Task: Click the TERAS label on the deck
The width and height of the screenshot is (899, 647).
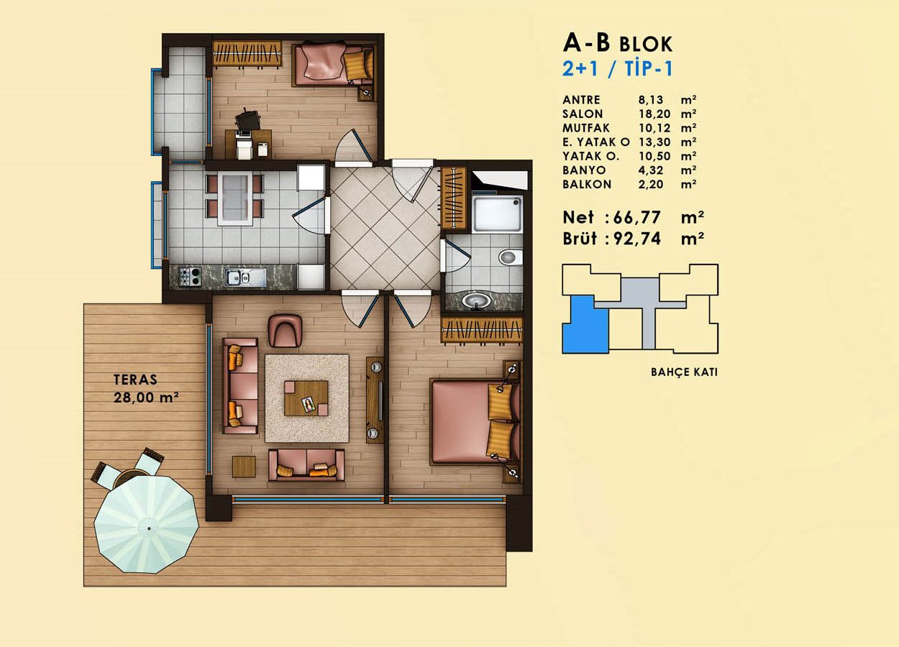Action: (x=135, y=380)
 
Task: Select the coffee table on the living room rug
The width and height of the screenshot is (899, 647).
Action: (x=306, y=398)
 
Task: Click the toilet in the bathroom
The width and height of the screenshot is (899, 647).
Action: (x=511, y=257)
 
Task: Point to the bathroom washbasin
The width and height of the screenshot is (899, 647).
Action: (x=476, y=300)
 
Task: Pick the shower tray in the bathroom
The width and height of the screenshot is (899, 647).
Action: (x=497, y=214)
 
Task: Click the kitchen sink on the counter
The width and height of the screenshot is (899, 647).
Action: (x=245, y=277)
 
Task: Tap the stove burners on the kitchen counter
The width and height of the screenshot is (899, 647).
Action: (x=189, y=277)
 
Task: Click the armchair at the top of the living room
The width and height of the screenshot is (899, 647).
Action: (x=285, y=331)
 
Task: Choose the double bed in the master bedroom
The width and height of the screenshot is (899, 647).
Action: (x=475, y=421)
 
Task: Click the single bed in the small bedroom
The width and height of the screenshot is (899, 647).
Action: (x=334, y=65)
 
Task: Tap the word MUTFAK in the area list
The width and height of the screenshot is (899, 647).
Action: (x=586, y=128)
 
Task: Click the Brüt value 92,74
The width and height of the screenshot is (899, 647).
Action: (x=637, y=239)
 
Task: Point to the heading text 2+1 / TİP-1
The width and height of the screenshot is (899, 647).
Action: (x=617, y=68)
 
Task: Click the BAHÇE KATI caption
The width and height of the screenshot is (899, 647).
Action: (x=684, y=372)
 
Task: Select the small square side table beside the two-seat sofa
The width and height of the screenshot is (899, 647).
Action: (x=244, y=467)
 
